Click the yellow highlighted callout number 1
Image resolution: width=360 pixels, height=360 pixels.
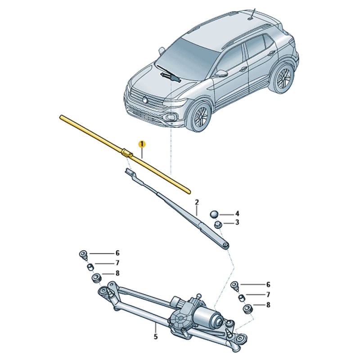pyautogui.click(x=142, y=144)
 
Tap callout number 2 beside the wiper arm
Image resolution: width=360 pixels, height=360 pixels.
pyautogui.click(x=197, y=202)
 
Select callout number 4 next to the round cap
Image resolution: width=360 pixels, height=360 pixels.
pyautogui.click(x=237, y=214)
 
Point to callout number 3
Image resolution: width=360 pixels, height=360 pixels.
pyautogui.click(x=237, y=222)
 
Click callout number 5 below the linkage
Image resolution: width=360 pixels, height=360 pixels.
pyautogui.click(x=156, y=337)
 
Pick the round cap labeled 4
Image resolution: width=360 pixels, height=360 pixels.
pyautogui.click(x=215, y=214)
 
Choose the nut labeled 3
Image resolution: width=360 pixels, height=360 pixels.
pyautogui.click(x=218, y=225)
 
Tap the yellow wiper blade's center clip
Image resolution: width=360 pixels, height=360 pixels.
pyautogui.click(x=126, y=153)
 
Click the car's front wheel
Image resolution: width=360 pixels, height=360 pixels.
pyautogui.click(x=199, y=117)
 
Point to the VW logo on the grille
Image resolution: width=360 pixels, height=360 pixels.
pyautogui.click(x=145, y=99)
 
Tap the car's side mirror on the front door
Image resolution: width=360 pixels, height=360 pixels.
pyautogui.click(x=221, y=73)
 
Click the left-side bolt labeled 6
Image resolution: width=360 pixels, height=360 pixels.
pyautogui.click(x=84, y=255)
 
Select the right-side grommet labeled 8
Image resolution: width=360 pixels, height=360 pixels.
pyautogui.click(x=247, y=308)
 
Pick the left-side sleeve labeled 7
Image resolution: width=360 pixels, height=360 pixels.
pyautogui.click(x=90, y=266)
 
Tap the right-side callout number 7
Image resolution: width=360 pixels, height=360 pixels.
pyautogui.click(x=268, y=295)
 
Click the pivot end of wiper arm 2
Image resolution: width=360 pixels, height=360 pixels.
pyautogui.click(x=226, y=245)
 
